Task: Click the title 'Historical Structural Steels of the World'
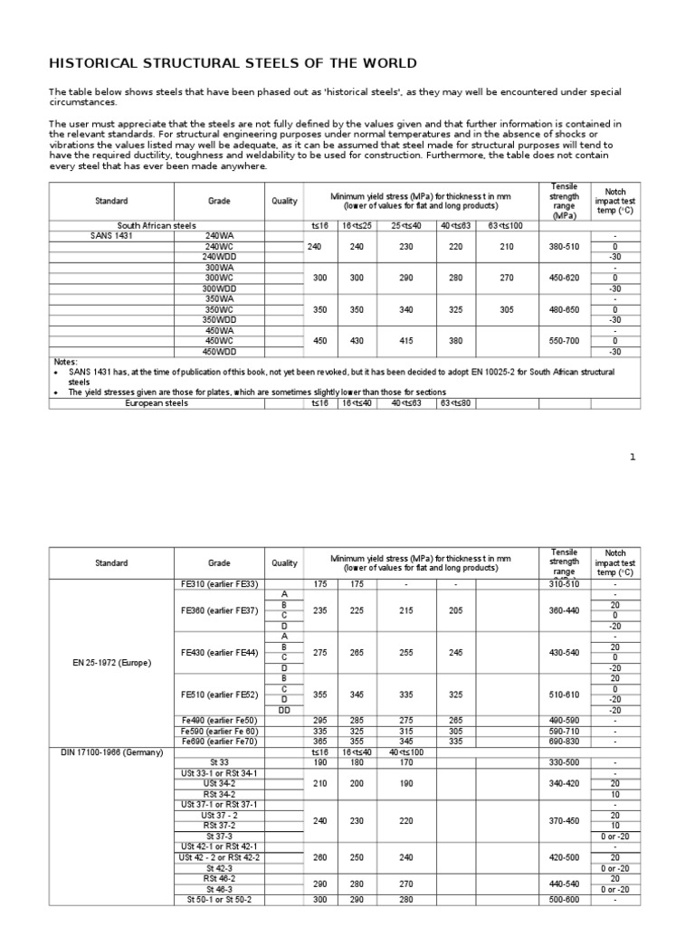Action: pos(233,63)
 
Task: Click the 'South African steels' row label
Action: pos(157,225)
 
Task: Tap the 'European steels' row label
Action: pos(157,403)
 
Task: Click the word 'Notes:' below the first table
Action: pos(66,362)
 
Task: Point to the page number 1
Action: pos(633,457)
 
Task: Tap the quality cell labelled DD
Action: pos(284,710)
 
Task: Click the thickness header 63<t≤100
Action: pos(507,225)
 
